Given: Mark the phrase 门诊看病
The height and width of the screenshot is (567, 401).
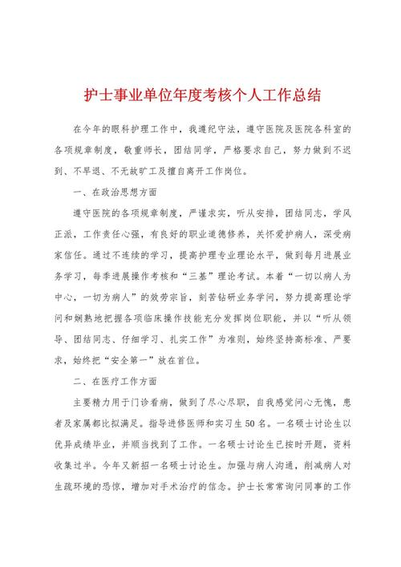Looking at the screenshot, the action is tap(160, 401).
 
